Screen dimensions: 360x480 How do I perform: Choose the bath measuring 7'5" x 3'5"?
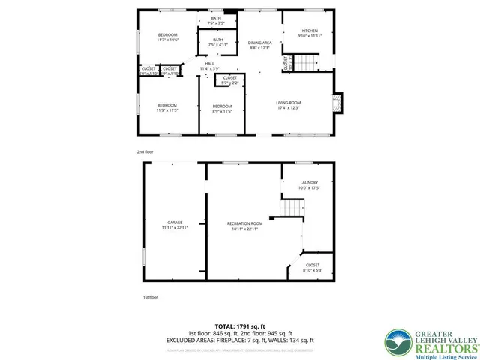point(217,20)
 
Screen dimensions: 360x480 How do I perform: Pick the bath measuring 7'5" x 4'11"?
point(217,42)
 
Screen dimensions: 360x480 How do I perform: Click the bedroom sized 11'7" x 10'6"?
point(167,37)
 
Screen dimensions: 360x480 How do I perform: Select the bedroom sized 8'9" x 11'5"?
point(222,108)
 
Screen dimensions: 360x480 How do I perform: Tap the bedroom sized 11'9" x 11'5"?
point(166,107)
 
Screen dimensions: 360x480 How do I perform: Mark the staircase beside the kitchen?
point(303,62)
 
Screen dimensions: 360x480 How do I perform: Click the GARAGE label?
point(175,225)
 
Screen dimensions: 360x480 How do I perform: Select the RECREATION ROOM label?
point(245,226)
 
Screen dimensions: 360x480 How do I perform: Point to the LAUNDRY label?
point(309,185)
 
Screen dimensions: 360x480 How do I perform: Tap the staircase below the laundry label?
point(289,208)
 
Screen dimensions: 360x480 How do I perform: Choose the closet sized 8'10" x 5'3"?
point(312,267)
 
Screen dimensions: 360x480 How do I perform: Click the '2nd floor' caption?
point(145,152)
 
